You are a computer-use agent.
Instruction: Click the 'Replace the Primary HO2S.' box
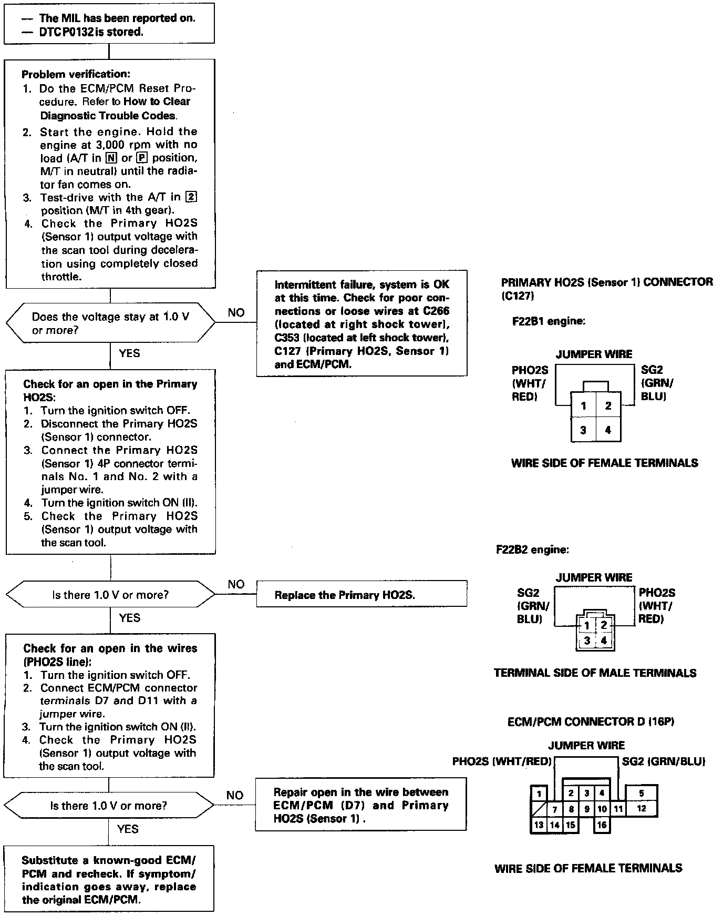point(361,595)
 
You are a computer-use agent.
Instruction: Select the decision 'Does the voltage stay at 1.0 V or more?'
point(110,323)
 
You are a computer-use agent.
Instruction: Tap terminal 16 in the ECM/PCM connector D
point(602,825)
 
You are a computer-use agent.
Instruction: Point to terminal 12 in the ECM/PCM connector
point(641,809)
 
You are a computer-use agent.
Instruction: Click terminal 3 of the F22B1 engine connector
point(583,430)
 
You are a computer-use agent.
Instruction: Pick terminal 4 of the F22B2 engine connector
point(604,640)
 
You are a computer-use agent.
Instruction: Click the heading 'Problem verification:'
point(76,75)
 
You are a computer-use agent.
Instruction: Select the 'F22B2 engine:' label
point(532,550)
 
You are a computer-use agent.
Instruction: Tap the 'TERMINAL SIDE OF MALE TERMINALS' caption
point(595,673)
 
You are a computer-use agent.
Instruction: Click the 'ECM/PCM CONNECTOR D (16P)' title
point(591,721)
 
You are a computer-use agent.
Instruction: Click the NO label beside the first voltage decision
point(236,313)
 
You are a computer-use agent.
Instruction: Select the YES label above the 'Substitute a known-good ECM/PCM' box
point(128,829)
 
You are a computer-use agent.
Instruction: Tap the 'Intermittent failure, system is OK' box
point(361,323)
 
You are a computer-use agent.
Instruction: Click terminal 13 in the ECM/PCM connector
point(539,825)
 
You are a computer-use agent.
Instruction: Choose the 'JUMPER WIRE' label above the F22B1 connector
point(594,354)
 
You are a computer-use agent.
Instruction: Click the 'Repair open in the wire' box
point(361,805)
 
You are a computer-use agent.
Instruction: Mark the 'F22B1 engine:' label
point(549,321)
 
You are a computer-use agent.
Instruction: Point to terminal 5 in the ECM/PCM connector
point(641,794)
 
